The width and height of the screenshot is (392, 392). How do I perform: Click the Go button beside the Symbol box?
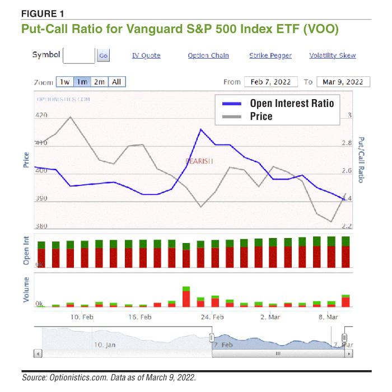[104, 55]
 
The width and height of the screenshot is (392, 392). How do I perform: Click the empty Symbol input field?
[79, 55]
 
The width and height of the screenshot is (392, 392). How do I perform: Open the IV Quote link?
[146, 55]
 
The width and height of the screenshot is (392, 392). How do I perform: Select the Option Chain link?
[208, 55]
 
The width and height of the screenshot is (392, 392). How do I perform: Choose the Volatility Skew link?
[333, 55]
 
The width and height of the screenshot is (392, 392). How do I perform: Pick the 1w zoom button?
[64, 82]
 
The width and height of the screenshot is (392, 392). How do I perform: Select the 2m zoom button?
[99, 82]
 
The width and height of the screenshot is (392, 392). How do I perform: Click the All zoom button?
[116, 82]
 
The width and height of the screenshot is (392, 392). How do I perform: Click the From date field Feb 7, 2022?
[270, 82]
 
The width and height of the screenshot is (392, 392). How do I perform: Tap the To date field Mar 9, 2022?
[343, 82]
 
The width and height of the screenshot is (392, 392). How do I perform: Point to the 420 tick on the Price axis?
[41, 115]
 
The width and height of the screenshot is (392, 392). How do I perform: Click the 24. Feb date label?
[212, 317]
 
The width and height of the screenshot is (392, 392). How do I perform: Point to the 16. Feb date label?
[140, 317]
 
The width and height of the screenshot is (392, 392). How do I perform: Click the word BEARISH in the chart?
[200, 161]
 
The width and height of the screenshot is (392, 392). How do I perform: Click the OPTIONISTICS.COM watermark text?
[63, 99]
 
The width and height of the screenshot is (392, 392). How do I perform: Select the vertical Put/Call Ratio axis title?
[361, 160]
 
